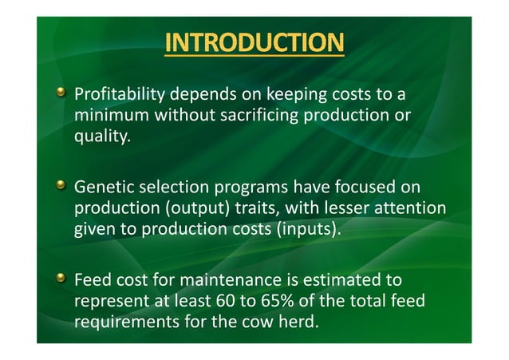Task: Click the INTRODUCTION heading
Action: [x=254, y=42]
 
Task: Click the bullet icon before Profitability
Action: [x=59, y=94]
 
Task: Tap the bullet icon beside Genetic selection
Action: [x=59, y=187]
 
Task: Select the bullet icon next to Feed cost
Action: [x=59, y=280]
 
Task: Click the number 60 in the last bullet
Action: [x=225, y=303]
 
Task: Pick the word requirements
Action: [x=122, y=323]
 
